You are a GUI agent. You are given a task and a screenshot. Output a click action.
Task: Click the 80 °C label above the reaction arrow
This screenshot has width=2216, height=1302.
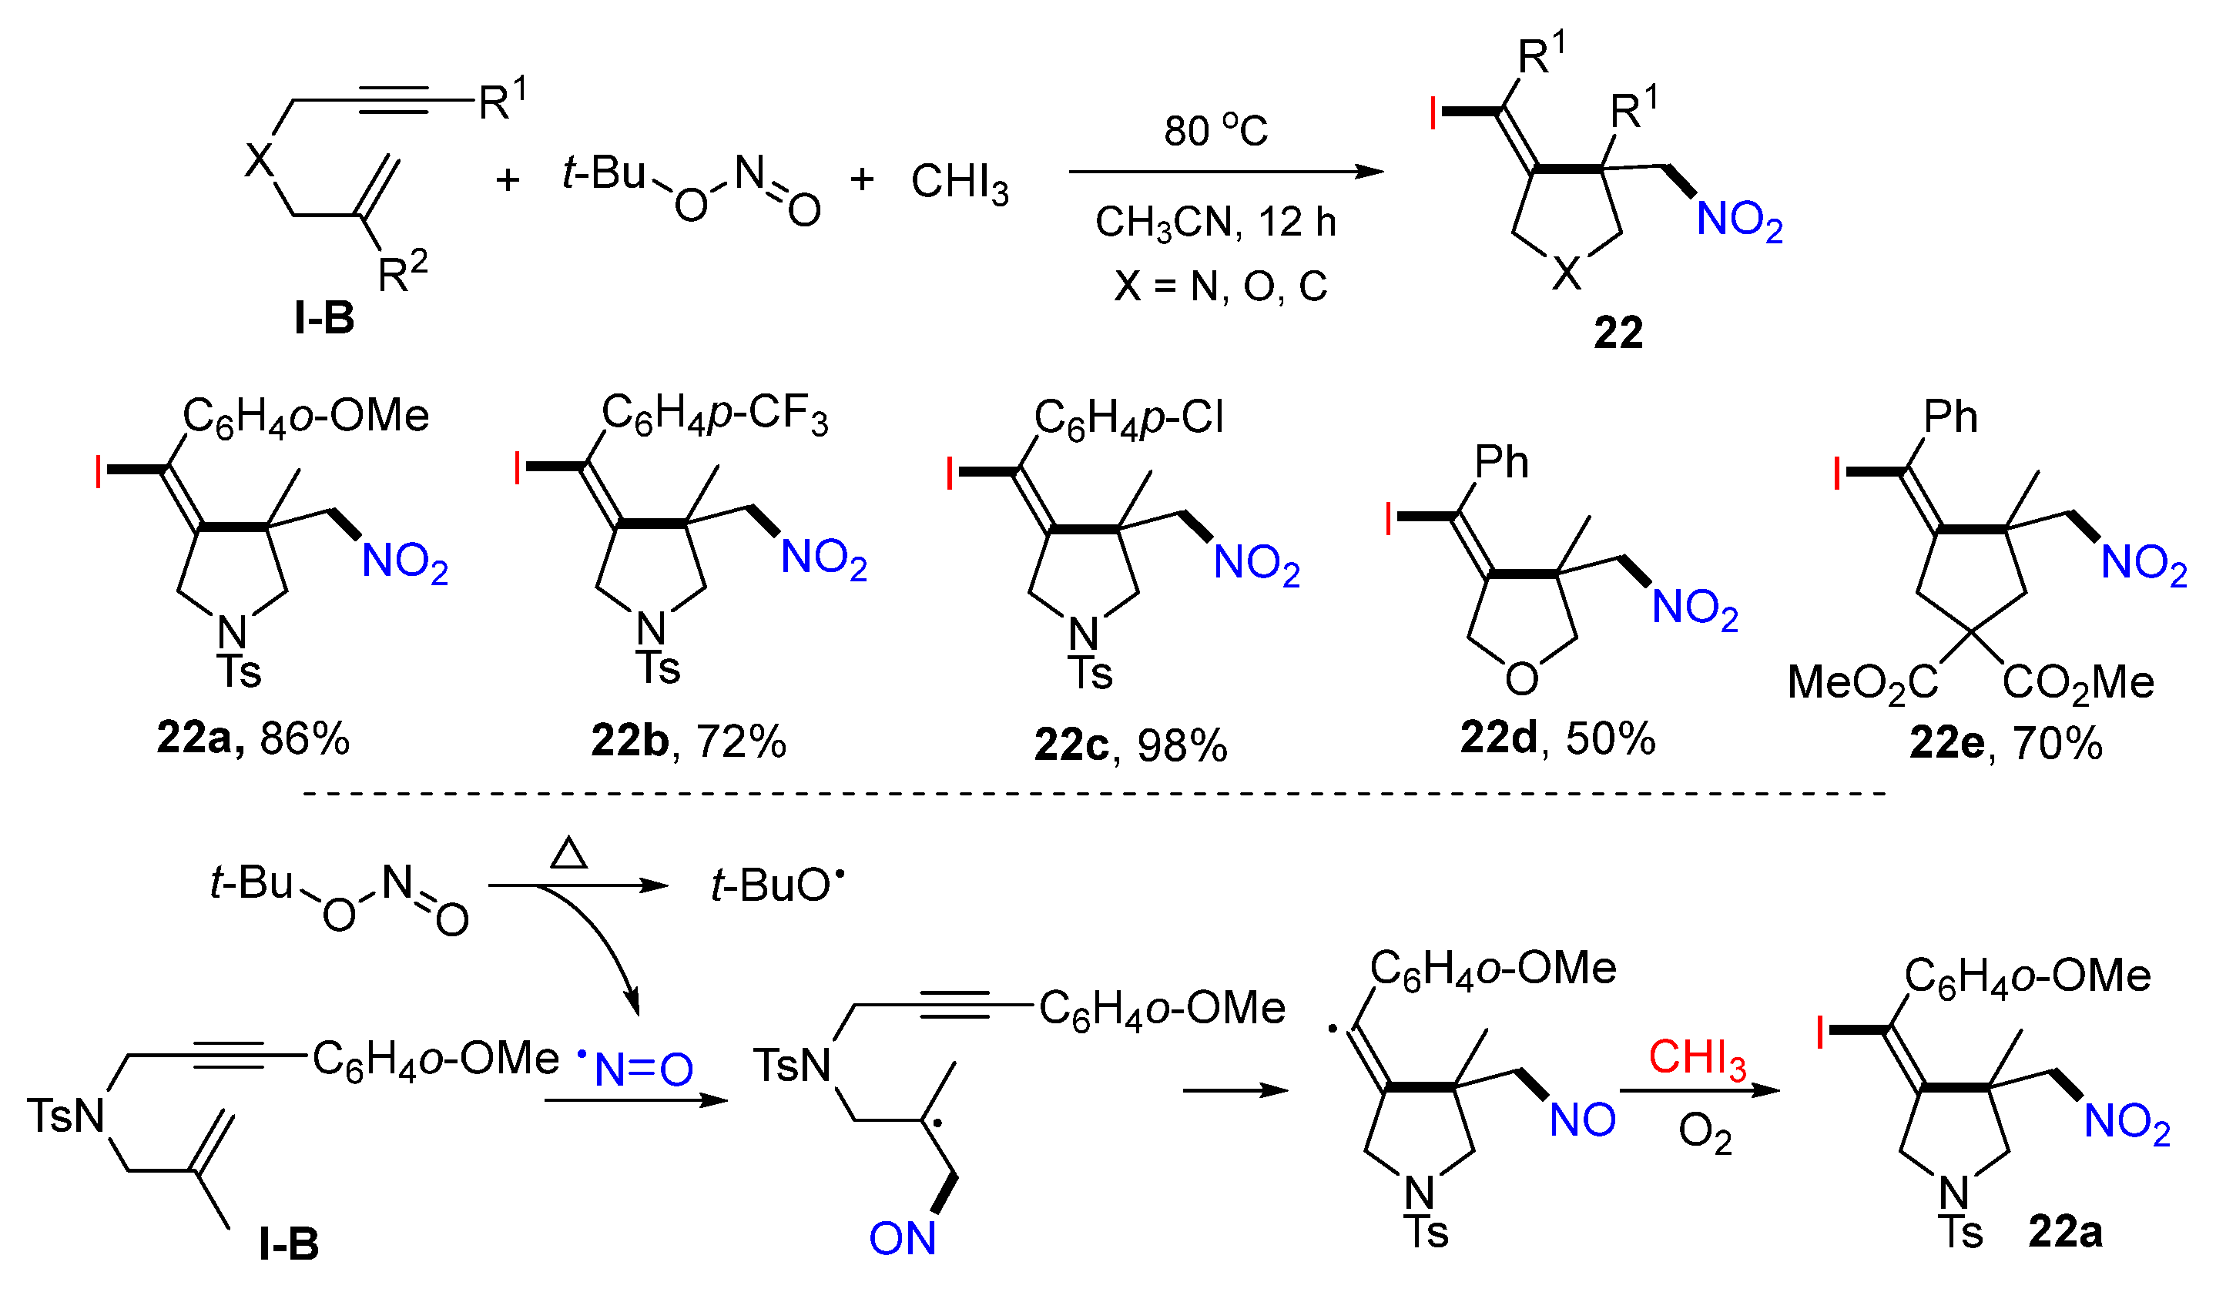point(1215,131)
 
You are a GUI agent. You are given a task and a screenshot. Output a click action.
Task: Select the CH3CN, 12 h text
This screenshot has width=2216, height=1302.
point(1215,223)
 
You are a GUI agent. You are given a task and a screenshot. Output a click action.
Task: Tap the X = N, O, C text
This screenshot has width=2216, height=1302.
point(1221,286)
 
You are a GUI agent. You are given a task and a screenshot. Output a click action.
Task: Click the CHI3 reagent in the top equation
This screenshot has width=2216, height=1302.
point(960,182)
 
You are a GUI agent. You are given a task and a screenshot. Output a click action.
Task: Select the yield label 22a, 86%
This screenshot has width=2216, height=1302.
point(253,738)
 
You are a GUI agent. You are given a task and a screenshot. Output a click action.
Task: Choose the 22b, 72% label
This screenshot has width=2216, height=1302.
point(689,742)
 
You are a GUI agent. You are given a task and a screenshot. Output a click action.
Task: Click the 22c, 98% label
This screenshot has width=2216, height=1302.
point(1130,745)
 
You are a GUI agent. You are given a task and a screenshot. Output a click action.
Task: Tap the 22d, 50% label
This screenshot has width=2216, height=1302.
point(1557,738)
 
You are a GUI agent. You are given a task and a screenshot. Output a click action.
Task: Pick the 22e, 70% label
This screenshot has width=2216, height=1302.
point(2006,744)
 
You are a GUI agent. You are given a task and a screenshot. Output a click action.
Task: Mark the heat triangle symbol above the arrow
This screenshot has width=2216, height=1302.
point(568,854)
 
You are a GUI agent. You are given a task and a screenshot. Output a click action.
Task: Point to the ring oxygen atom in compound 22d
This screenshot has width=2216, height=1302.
point(1521,678)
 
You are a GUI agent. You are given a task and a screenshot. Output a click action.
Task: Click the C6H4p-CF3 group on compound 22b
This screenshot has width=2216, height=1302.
point(714,415)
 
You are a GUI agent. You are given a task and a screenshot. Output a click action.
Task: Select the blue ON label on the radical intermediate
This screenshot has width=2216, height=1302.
point(902,1239)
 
